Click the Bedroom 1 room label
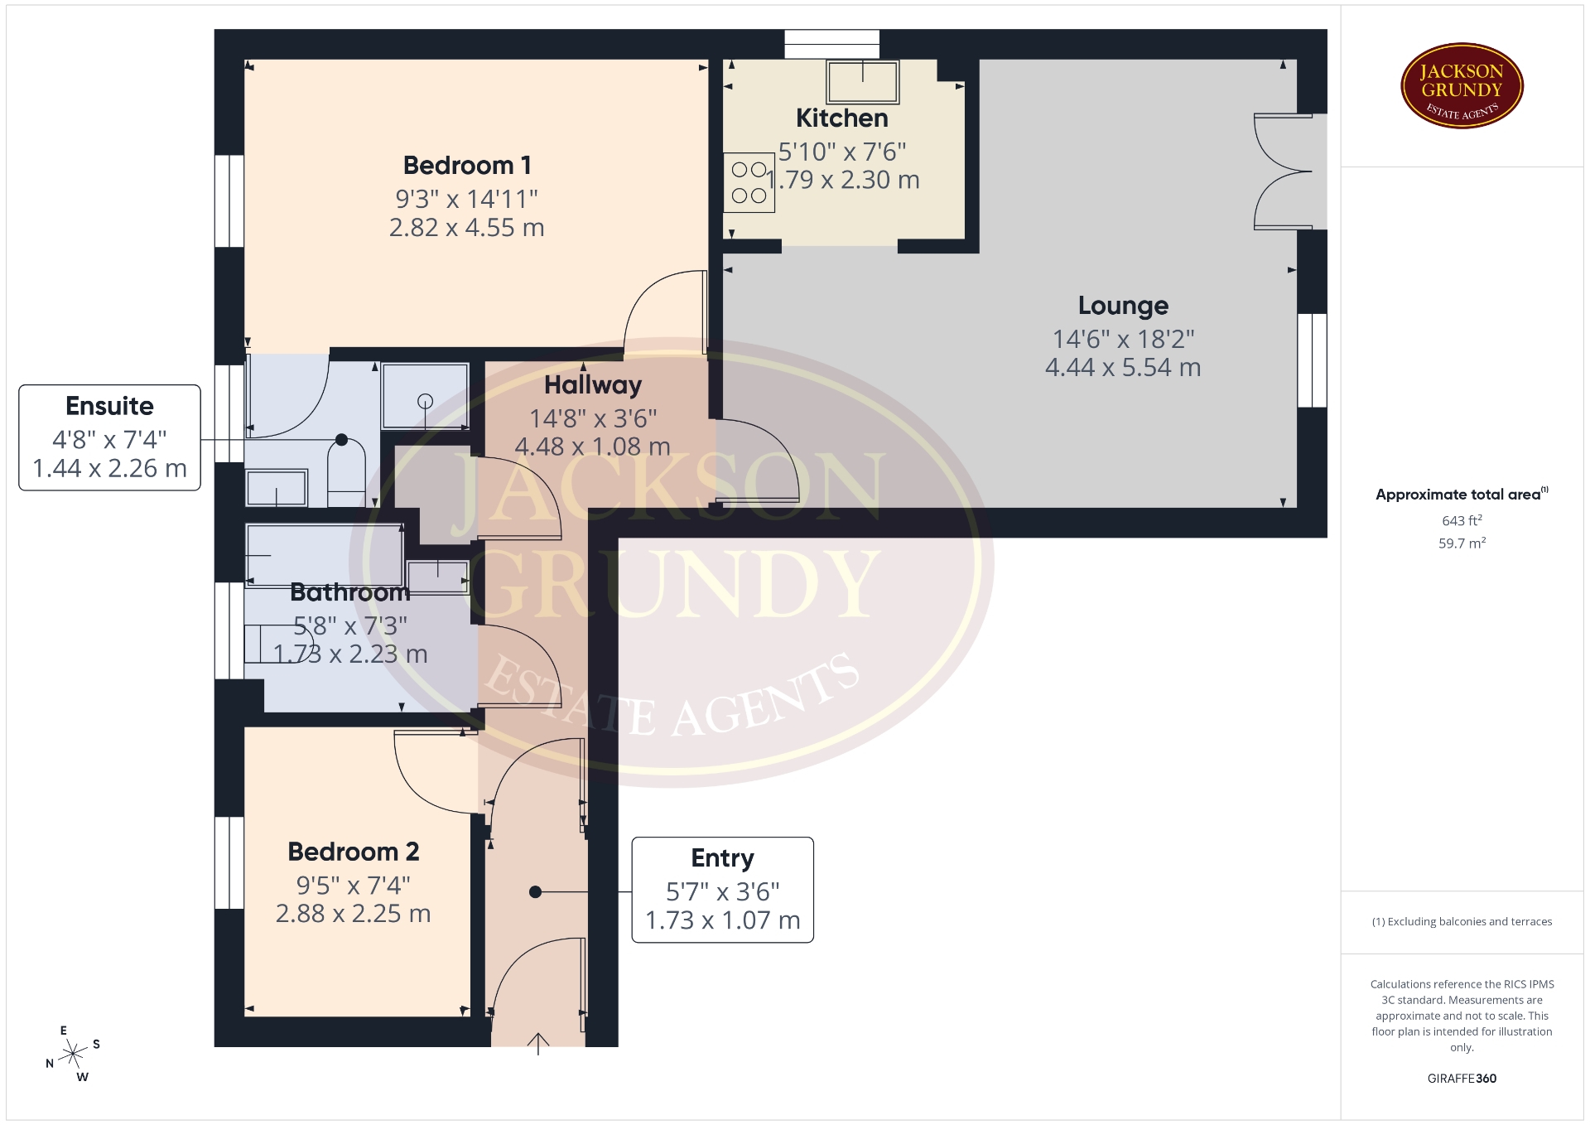(x=467, y=166)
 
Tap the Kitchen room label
(x=841, y=118)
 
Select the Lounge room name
(x=1123, y=306)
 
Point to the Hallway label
(x=593, y=385)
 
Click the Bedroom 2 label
(x=354, y=852)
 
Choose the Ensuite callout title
(x=109, y=406)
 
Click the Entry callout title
(x=723, y=859)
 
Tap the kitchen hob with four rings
(x=749, y=182)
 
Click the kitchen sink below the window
(x=863, y=81)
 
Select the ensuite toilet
(x=347, y=472)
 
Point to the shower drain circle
(x=426, y=402)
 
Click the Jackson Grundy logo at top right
(x=1462, y=86)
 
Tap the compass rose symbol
(x=74, y=1054)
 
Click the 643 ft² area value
(x=1462, y=521)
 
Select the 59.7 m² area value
(x=1462, y=543)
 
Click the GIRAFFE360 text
(x=1462, y=1079)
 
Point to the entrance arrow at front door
(x=538, y=1044)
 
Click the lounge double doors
(x=1284, y=171)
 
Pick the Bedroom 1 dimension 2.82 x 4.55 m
(x=467, y=228)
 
